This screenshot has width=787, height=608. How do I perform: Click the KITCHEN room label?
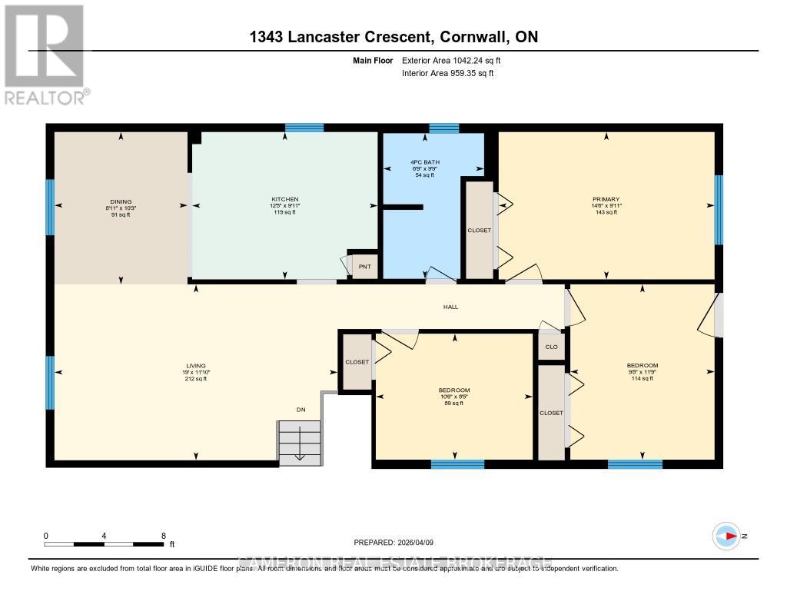(284, 199)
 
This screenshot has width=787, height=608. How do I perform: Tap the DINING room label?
(121, 202)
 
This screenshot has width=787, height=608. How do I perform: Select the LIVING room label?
(195, 366)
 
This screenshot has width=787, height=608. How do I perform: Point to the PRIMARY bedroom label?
(606, 199)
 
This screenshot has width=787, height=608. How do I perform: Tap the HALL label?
(450, 307)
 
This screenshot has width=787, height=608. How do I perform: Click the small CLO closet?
(551, 347)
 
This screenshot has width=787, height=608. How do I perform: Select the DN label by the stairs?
(301, 410)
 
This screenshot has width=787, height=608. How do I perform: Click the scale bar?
(105, 543)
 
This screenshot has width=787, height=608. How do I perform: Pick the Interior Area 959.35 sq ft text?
(447, 74)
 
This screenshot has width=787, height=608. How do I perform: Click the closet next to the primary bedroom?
(479, 230)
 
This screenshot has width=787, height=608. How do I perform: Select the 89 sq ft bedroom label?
(453, 397)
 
